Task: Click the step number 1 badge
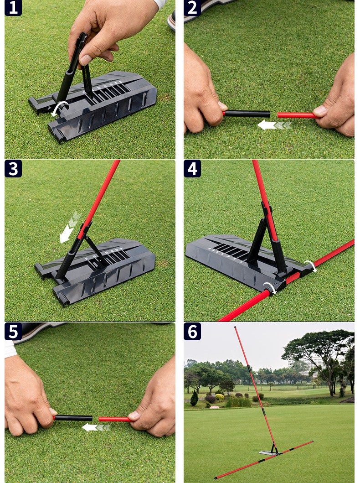[x=13, y=8]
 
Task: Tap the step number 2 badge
[x=192, y=8]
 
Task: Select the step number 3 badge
[x=13, y=168]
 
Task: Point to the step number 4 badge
[x=192, y=168]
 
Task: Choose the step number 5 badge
[x=13, y=332]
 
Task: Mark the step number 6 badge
[x=192, y=332]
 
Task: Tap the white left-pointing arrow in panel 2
[x=274, y=125]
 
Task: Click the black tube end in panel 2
[x=247, y=114]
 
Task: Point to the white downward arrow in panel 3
[x=70, y=227]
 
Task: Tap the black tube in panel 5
[x=73, y=418]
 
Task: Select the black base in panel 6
[x=269, y=452]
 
